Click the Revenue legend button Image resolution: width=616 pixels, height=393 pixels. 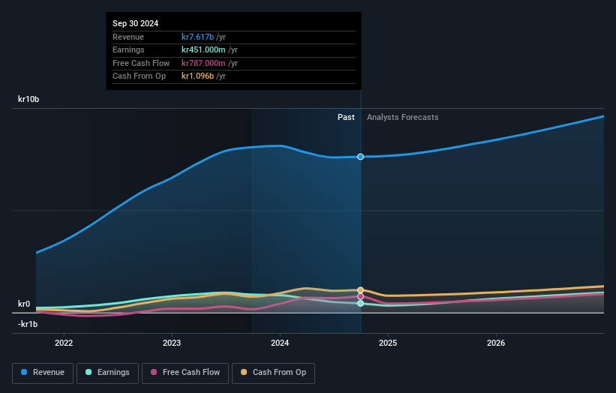[x=43, y=372]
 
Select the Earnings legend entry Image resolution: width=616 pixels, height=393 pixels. [x=107, y=372]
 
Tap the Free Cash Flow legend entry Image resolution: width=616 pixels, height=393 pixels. [x=185, y=372]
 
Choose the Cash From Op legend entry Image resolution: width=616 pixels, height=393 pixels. [x=274, y=372]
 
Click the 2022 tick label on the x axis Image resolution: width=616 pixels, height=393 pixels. [x=64, y=343]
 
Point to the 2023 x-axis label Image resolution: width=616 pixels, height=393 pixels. [x=172, y=343]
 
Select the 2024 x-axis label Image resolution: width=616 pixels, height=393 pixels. [x=280, y=343]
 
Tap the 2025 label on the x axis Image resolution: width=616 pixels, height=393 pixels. [x=388, y=343]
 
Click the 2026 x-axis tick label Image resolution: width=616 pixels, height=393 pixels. [x=496, y=343]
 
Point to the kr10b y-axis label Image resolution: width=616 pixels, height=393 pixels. [x=29, y=99]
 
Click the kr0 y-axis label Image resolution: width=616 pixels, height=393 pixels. [x=24, y=304]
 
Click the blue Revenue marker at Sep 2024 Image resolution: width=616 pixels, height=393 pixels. [x=361, y=157]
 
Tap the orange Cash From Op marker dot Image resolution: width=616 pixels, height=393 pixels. [x=361, y=290]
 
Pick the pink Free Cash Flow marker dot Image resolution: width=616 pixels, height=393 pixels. [x=361, y=296]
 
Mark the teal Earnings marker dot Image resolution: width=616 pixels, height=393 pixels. [x=361, y=304]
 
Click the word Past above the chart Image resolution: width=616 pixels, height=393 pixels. [x=346, y=117]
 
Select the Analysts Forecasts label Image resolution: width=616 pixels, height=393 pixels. [x=402, y=117]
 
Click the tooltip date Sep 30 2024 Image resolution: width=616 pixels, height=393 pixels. [x=136, y=24]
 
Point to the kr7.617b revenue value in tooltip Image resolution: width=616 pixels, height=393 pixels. [x=198, y=37]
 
